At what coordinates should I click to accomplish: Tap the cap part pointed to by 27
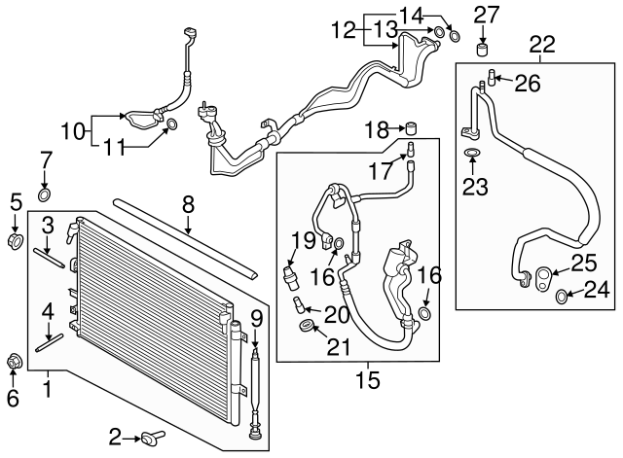(480, 49)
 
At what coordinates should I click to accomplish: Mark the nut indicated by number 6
(15, 363)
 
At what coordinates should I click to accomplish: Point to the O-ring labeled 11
(172, 123)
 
